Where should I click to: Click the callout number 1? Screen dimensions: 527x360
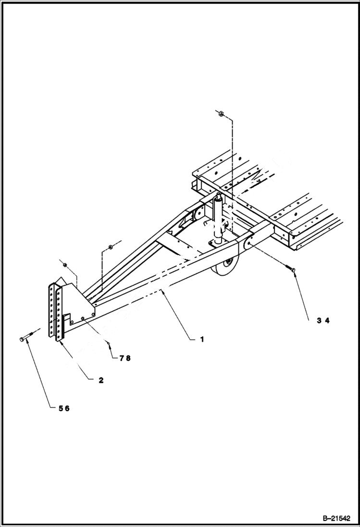(202, 339)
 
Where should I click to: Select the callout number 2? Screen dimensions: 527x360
(101, 380)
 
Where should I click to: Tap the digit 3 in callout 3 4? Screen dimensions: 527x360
(319, 321)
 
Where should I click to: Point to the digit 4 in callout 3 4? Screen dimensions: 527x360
(327, 321)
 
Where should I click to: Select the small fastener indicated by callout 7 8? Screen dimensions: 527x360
(109, 343)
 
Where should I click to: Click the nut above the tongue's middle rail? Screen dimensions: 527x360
(110, 247)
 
